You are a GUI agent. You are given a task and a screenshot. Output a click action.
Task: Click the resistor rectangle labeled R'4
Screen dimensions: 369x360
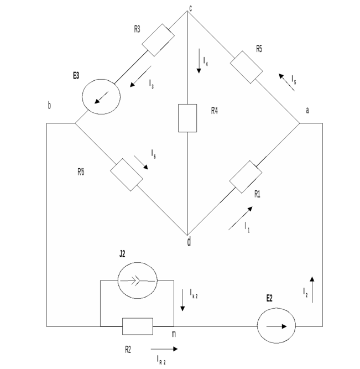coord(188,118)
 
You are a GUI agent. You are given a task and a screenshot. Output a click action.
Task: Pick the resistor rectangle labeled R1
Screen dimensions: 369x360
coord(246,176)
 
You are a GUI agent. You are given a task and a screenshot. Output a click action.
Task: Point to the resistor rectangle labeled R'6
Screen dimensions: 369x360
coord(127,175)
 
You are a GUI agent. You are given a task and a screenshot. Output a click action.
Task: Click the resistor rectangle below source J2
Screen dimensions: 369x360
coord(137,326)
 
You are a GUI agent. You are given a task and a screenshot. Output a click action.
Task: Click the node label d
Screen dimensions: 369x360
coord(189,241)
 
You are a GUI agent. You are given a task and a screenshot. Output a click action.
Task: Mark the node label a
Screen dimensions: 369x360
coord(307,111)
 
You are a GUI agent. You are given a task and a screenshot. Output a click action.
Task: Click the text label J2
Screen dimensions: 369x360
coord(122,254)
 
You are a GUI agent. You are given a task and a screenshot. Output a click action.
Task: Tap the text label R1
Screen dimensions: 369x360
coord(258,194)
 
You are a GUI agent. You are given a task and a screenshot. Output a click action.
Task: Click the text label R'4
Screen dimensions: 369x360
coord(215,111)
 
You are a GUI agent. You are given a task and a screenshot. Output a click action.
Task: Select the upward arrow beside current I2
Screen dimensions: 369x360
coord(312,290)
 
